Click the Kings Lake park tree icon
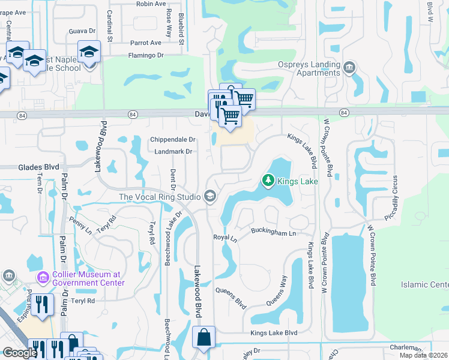(x=268, y=180)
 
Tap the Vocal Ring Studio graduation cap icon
(x=210, y=196)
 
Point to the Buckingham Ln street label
(x=274, y=232)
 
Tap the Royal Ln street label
(x=225, y=238)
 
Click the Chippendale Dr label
(x=173, y=139)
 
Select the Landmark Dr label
(x=173, y=151)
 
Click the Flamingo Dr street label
(x=145, y=55)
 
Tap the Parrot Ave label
(x=146, y=43)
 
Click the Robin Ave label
(x=151, y=4)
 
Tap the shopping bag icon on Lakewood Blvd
(x=203, y=337)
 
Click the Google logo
(x=20, y=353)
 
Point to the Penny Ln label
(x=79, y=226)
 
